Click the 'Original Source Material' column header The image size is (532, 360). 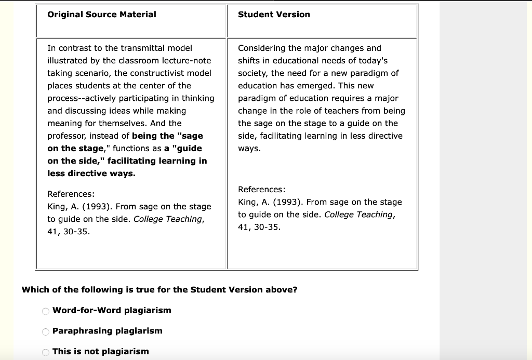102,15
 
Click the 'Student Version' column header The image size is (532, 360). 274,15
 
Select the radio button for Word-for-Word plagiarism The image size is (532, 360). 46,311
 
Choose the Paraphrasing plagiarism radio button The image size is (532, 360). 46,332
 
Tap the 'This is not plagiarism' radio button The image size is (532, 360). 46,352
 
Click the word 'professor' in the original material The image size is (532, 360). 67,136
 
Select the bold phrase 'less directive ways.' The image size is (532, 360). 91,174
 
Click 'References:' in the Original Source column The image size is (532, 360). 71,194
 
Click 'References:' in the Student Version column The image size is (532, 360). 262,190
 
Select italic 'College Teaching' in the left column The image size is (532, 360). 168,219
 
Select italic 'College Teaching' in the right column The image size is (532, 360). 359,215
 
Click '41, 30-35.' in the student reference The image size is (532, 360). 259,227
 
